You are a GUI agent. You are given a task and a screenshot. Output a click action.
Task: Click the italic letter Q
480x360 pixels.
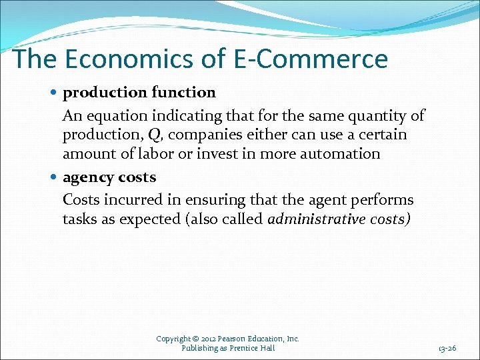point(154,135)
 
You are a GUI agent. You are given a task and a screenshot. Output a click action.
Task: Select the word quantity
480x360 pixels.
point(379,116)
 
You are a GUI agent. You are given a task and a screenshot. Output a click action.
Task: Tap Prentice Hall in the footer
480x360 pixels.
point(253,348)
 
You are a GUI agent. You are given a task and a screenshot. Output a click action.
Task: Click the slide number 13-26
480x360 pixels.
point(447,348)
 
